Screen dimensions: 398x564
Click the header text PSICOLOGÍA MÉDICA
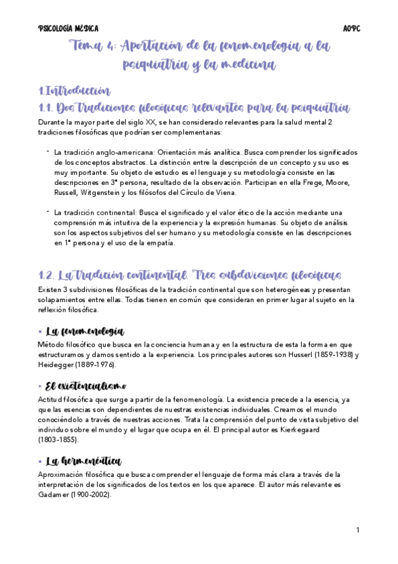(x=69, y=29)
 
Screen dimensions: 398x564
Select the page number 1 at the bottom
(x=357, y=530)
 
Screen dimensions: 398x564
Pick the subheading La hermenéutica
(x=84, y=460)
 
